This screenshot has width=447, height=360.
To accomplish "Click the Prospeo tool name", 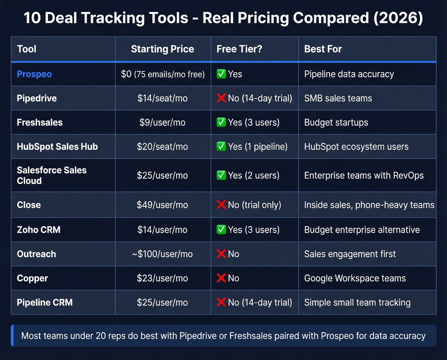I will tap(34, 74).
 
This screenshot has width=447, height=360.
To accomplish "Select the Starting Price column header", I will tap(163, 49).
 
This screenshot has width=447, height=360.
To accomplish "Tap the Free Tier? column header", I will tap(239, 49).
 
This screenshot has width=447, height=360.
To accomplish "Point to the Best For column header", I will tap(323, 49).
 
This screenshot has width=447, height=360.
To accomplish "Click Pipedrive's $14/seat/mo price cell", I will tap(163, 98).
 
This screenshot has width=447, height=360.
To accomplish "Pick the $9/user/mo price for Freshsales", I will tap(163, 123).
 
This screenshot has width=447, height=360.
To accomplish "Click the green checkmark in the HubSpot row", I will tap(221, 147).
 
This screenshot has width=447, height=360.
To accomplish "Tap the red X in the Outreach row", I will tap(221, 254).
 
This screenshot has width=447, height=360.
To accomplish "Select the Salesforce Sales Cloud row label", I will tap(51, 175).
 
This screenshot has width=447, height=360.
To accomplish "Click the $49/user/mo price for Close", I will tap(163, 205).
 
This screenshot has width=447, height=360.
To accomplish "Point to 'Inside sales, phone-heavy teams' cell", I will tap(369, 205).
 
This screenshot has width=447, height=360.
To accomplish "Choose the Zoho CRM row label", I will tap(39, 230).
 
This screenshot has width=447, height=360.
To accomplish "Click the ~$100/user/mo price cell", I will tap(163, 254).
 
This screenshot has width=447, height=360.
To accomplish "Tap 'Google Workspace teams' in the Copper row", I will tap(355, 278).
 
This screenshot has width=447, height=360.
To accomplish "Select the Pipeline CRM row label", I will tap(45, 303).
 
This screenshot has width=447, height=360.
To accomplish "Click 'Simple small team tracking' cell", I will tap(357, 303).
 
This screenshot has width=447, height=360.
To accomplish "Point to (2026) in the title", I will tap(398, 18).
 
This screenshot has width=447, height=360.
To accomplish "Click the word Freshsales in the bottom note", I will tap(250, 336).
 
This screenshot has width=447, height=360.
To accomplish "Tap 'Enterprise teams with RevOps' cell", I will tap(364, 176).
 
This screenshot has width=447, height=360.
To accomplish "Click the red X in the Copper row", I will tap(221, 278).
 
